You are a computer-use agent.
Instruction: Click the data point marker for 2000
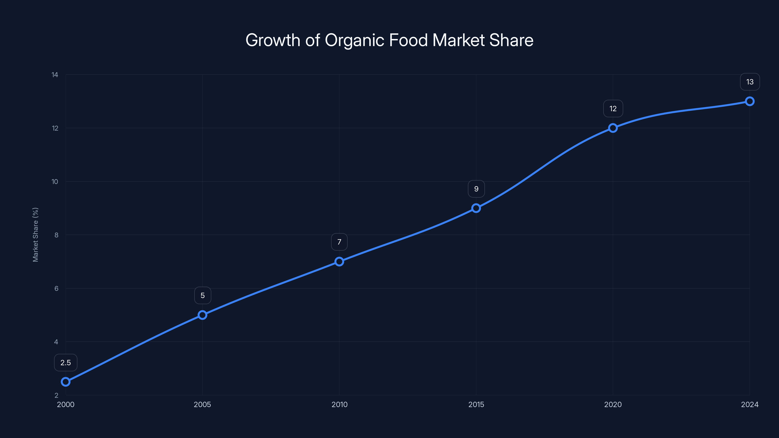[66, 382]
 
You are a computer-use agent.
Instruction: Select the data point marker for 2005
[202, 315]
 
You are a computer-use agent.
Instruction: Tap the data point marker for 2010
[339, 262]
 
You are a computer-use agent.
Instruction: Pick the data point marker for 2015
[476, 208]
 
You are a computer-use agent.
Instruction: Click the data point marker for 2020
[613, 128]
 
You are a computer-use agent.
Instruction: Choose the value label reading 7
[339, 242]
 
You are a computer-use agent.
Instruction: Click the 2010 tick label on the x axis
[339, 404]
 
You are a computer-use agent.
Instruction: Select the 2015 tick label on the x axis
[476, 404]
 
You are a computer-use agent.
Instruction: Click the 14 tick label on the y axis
[55, 75]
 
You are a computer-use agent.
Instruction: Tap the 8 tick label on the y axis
[56, 235]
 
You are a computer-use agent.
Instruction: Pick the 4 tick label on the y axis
[56, 342]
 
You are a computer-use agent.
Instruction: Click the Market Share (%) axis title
[35, 235]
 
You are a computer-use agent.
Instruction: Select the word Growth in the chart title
[273, 40]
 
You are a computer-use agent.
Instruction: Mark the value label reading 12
[613, 109]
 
